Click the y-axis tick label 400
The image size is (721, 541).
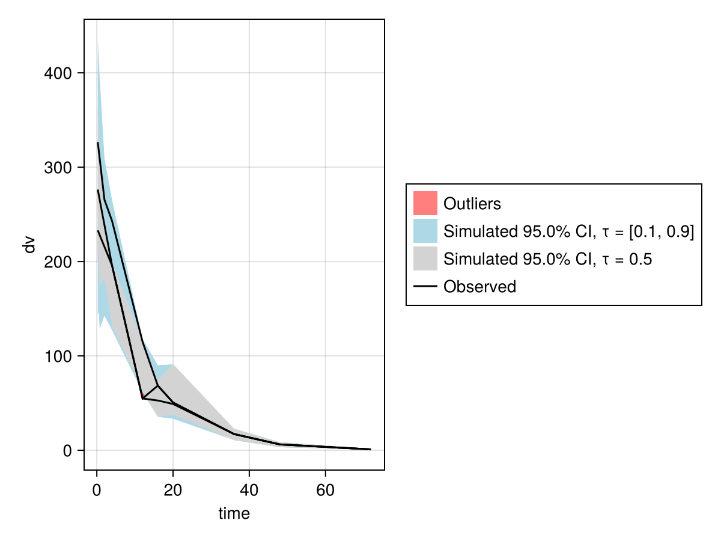point(58,73)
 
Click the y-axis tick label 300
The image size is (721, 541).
point(58,168)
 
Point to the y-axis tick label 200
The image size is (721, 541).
point(58,262)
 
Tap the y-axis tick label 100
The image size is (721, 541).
point(58,356)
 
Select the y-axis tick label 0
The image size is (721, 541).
point(67,451)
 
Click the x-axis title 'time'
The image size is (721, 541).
point(234,513)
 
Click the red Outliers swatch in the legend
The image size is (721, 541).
point(425,203)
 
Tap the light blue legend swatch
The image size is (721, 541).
point(425,231)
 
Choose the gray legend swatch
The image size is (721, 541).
point(425,258)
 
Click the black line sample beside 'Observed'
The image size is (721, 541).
point(425,287)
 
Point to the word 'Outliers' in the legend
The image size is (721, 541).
point(472,204)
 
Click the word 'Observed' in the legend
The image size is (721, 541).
point(479,287)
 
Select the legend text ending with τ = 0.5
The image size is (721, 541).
point(547,259)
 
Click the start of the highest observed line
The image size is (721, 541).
point(98,142)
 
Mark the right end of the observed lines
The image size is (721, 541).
point(371,449)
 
